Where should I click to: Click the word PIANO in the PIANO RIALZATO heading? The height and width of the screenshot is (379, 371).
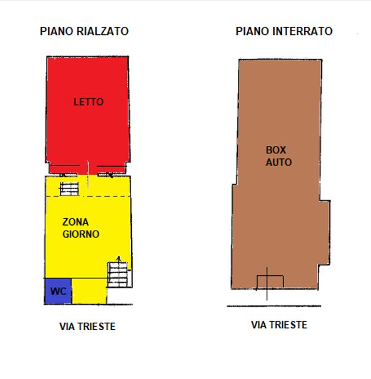click(56, 31)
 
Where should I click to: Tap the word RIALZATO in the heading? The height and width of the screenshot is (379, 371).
click(103, 31)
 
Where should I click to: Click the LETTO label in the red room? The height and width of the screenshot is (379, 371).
click(89, 102)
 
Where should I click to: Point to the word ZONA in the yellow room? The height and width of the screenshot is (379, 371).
click(75, 222)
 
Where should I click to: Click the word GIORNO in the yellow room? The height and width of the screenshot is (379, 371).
click(81, 234)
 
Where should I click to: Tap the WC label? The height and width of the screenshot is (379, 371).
click(58, 291)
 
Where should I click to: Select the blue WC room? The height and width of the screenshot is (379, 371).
click(58, 291)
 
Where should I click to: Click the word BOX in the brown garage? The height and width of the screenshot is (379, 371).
click(276, 150)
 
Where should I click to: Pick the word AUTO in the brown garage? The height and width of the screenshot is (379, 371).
click(279, 162)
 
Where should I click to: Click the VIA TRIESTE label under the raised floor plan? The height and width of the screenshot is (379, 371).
click(88, 326)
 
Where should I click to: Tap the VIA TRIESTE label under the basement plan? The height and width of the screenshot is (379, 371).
click(279, 325)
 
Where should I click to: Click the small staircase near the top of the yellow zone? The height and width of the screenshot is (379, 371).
click(69, 189)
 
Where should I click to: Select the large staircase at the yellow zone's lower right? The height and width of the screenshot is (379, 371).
click(118, 275)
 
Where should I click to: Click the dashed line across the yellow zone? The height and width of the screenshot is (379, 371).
click(88, 196)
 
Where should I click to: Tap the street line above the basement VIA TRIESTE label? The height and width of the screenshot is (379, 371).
click(274, 306)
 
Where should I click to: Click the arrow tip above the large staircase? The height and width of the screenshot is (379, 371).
click(118, 256)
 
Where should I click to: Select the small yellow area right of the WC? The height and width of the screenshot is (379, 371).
click(90, 291)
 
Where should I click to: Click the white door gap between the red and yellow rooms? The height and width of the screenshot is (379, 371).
click(87, 175)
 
